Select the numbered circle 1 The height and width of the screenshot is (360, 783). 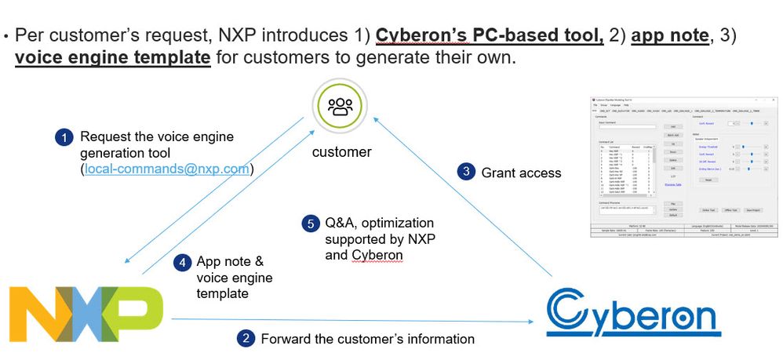63,138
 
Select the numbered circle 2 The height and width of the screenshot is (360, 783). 245,339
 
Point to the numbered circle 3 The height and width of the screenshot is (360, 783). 466,173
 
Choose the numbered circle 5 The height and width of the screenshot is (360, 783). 309,224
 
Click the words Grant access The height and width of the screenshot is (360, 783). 521,173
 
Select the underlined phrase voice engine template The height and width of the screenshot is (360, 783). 112,58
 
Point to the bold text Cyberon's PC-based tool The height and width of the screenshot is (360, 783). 489,35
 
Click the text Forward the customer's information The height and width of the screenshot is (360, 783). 367,339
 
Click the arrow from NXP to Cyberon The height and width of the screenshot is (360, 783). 353,319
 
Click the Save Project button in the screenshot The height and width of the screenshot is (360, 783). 754,210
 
